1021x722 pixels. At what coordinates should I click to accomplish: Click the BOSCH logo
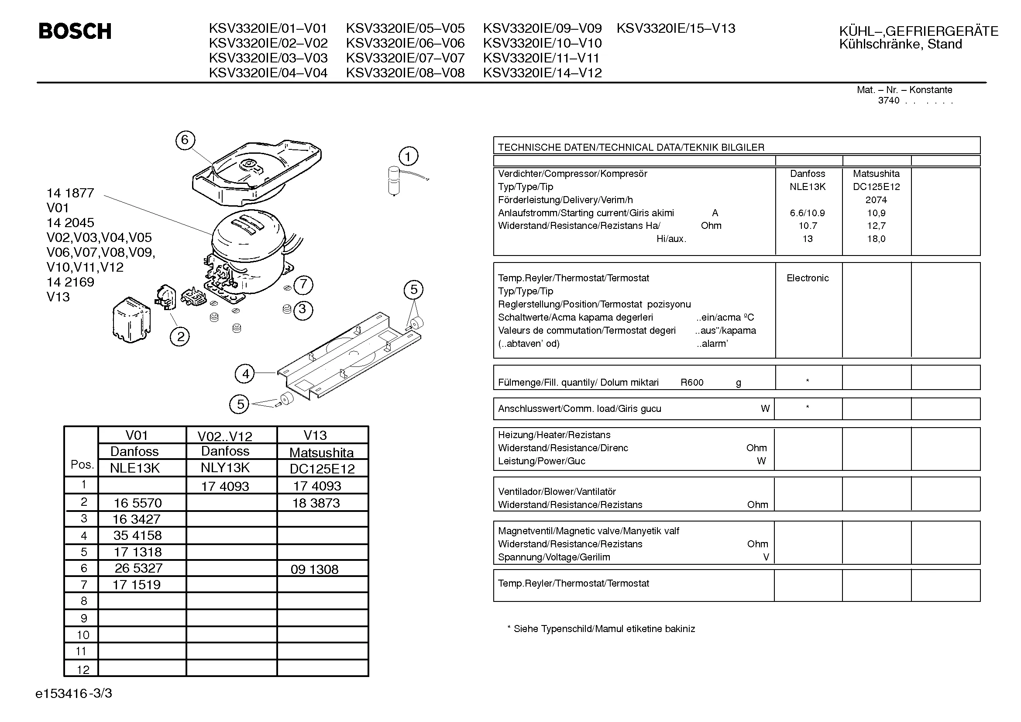click(x=75, y=31)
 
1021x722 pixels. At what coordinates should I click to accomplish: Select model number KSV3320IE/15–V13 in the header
click(x=675, y=28)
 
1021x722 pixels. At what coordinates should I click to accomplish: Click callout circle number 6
click(x=185, y=140)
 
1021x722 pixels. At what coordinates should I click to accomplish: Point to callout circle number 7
click(x=303, y=284)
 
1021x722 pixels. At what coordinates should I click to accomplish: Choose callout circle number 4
click(x=245, y=374)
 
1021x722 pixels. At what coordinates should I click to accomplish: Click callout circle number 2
click(x=180, y=336)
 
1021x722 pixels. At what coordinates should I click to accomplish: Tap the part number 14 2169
click(x=70, y=282)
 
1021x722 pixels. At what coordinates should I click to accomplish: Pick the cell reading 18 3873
click(x=316, y=503)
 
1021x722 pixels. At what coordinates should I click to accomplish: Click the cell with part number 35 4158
click(x=138, y=535)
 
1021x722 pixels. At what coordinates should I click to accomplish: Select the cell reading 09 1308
click(x=314, y=570)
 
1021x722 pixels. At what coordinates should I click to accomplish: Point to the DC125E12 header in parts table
click(x=322, y=469)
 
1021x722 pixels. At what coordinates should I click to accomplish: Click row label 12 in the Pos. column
click(x=83, y=670)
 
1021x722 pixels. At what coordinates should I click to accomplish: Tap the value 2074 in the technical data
click(x=876, y=200)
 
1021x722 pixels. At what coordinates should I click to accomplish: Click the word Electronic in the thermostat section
click(x=808, y=279)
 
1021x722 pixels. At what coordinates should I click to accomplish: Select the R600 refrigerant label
click(x=692, y=383)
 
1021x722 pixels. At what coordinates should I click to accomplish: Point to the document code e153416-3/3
click(x=74, y=694)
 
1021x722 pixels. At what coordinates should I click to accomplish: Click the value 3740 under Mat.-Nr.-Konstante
click(x=888, y=101)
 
